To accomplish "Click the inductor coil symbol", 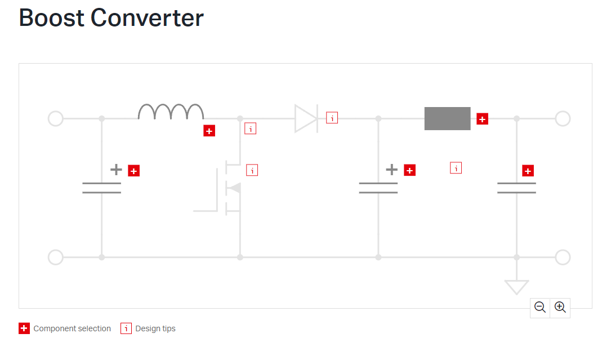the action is [171, 106].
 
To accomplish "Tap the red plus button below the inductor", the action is [209, 131].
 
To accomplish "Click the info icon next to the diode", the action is [332, 118].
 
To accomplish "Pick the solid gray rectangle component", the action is [447, 119].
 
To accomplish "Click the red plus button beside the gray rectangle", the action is [482, 119].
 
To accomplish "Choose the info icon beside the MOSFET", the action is [252, 170].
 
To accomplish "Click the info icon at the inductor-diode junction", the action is [251, 128].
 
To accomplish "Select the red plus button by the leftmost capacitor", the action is [133, 171].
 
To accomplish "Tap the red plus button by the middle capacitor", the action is [409, 170].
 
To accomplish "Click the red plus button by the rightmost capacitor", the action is [528, 171].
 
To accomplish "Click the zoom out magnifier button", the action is [540, 308].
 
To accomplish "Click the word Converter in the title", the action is [147, 18].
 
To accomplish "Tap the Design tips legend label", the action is [155, 328].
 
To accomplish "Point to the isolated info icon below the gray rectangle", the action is [456, 168].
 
